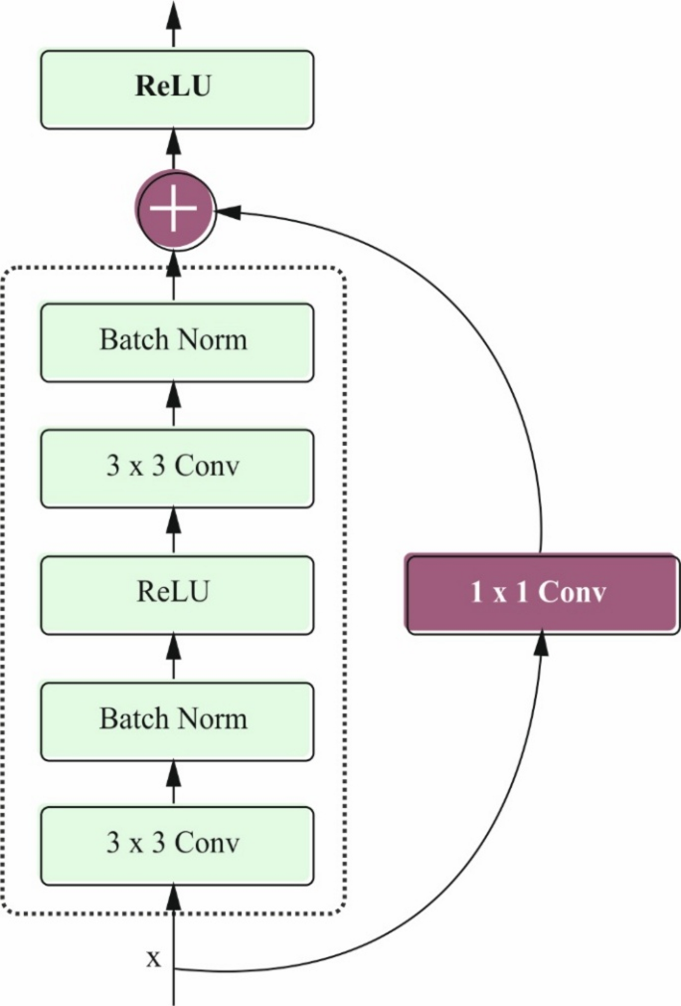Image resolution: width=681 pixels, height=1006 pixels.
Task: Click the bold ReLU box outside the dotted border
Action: point(176,89)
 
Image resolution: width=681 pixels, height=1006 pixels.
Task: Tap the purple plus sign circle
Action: point(174,209)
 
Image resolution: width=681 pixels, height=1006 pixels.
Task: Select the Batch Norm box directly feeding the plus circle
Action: point(176,341)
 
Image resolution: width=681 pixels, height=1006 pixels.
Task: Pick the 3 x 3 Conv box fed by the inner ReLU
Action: point(176,467)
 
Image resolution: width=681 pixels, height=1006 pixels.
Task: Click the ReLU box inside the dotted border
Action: point(176,593)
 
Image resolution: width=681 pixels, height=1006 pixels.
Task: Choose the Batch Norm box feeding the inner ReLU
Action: point(176,718)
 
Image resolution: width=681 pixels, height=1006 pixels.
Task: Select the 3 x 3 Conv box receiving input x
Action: point(176,844)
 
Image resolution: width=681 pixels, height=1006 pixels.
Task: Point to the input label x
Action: point(153,958)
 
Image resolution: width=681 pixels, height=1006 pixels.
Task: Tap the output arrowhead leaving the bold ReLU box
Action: point(175,12)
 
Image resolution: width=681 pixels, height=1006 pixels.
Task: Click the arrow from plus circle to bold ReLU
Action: point(175,153)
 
